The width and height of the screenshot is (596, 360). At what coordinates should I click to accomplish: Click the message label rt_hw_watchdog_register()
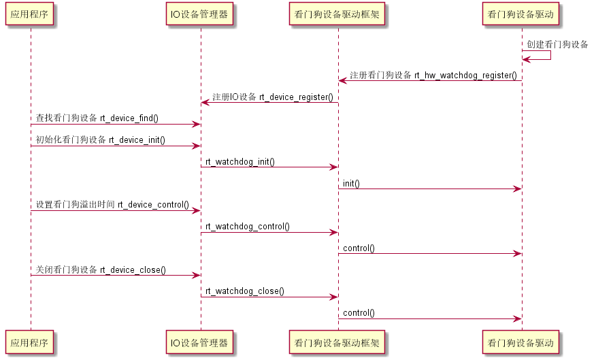pos(433,75)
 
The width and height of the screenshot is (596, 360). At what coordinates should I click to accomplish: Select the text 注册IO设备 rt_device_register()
pos(272,97)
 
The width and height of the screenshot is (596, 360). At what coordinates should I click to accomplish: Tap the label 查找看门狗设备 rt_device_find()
pos(97,118)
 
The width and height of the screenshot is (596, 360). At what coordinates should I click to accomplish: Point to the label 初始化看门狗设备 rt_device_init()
pos(101,140)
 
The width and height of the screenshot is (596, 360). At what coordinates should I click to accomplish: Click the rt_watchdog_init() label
pos(240,162)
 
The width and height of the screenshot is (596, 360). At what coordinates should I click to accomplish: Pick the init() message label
pos(351,183)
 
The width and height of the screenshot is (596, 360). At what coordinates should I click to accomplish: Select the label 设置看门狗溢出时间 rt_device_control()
pos(112,204)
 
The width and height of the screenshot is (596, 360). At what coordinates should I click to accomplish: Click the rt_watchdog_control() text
pos(248,226)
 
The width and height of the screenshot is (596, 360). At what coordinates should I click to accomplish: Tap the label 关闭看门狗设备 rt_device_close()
pos(101,269)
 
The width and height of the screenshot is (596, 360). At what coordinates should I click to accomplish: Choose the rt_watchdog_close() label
pos(245,291)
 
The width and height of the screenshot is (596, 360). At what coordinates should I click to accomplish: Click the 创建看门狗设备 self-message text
pos(557,44)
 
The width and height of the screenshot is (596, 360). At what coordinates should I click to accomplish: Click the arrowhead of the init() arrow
pos(517,189)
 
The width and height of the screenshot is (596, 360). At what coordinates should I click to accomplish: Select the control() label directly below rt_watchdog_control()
pos(359,248)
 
